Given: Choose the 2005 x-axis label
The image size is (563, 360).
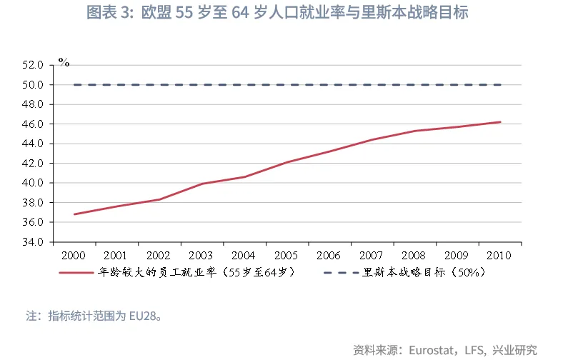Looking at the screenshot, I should coord(286,255).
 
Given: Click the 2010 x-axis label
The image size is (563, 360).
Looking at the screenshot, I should coord(499,255).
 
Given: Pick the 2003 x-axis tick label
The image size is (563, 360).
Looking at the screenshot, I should coord(201,255).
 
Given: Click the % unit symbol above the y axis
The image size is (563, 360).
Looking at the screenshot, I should coord(64,63).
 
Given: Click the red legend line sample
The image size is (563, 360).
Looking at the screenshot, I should coord(76,272).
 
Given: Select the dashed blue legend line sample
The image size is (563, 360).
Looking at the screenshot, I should coord(342,272).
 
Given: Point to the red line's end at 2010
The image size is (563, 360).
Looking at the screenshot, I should coord(500,122).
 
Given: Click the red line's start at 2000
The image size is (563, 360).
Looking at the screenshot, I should coord(74,214).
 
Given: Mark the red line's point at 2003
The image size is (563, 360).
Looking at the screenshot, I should coord(201,184).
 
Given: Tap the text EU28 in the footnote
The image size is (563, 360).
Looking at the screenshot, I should coord(143,315).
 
